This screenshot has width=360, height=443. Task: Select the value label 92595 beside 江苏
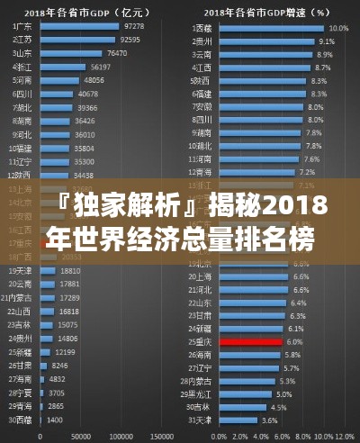pyautogui.click(x=130, y=40)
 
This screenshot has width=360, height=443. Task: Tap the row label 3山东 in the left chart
pyautogui.click(x=20, y=53)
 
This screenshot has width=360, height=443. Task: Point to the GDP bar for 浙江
pyautogui.click(x=62, y=67)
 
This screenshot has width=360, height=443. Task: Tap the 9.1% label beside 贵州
pyautogui.click(x=327, y=41)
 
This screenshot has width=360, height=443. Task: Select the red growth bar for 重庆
pyautogui.click(x=249, y=342)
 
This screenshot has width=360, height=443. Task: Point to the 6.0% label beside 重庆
pyautogui.click(x=294, y=342)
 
